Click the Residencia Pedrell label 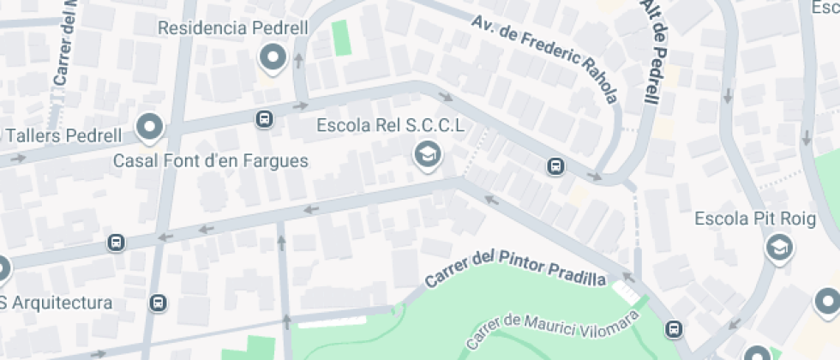point(233,27)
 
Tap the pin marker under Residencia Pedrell point(273,58)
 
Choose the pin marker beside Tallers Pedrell point(150,128)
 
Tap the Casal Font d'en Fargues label point(211,161)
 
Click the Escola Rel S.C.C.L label point(391,126)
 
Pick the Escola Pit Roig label point(755,219)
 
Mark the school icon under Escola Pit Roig point(778,248)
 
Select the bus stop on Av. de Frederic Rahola point(556,165)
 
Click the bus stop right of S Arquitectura point(157,303)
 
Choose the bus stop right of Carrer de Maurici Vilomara point(675,328)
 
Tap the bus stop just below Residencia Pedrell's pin point(265,119)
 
